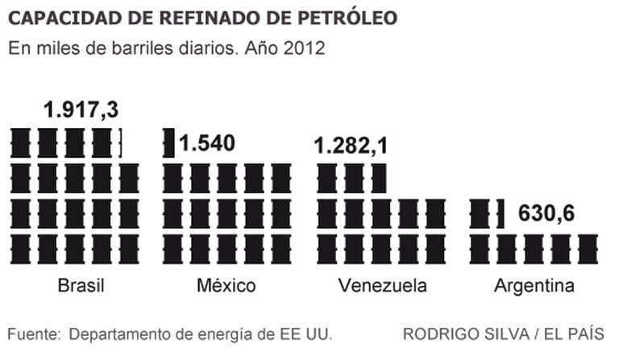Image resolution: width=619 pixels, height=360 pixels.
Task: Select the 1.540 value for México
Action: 207,143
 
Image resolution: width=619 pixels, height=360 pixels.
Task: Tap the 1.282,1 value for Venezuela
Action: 351,146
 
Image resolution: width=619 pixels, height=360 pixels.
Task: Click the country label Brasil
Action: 82,286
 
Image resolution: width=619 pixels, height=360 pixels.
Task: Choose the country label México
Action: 226,286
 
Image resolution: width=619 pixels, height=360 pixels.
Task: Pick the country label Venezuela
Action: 383,286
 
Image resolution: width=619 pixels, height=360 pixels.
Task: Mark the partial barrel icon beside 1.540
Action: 169,143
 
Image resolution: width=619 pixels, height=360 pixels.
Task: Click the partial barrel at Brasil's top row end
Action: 120,143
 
